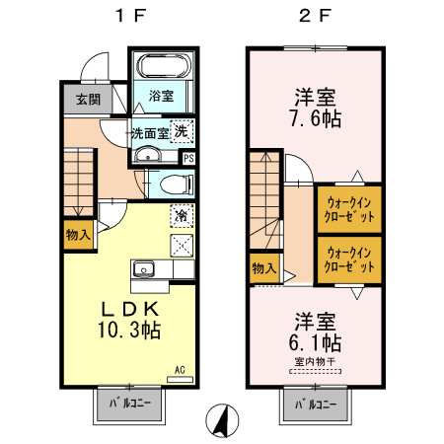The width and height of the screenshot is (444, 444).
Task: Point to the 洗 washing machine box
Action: pos(182,131)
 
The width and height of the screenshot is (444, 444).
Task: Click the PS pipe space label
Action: pos(188,157)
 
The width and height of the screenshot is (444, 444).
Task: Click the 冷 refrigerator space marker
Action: pos(182,213)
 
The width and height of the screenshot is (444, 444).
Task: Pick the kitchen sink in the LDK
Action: pos(144,268)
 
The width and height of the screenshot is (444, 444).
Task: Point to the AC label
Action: pos(180,371)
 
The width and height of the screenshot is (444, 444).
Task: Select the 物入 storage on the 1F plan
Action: pos(78,235)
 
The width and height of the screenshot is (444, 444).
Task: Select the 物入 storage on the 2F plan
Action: pos(262,267)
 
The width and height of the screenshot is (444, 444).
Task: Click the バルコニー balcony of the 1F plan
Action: pos(132,405)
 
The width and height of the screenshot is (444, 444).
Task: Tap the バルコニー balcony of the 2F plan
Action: pos(316,405)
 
